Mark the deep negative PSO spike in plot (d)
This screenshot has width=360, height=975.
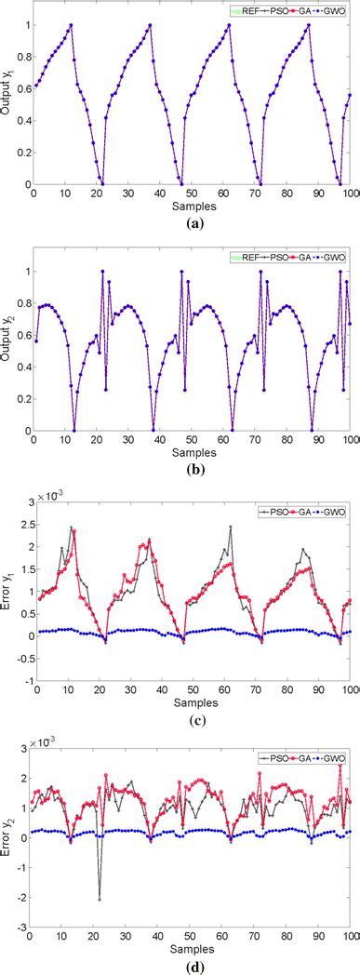[x=100, y=899]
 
